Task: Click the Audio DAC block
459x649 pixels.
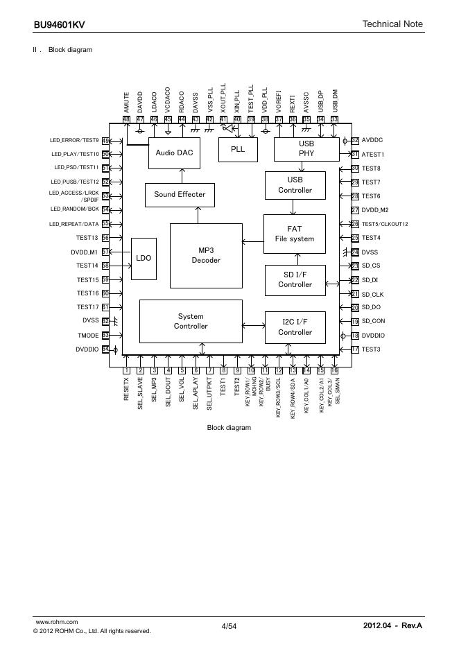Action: point(175,153)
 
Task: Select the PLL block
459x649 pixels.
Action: point(238,149)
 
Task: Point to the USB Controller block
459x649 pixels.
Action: point(295,185)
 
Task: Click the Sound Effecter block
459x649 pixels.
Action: point(180,194)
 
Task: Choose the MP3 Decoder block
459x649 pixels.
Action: point(206,255)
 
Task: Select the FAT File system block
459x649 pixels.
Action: point(294,234)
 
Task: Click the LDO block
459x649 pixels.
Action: point(144,258)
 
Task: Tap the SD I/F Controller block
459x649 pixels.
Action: point(295,279)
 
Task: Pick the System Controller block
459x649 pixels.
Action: point(191,321)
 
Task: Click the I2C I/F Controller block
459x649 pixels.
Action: point(295,327)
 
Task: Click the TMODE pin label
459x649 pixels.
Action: point(87,334)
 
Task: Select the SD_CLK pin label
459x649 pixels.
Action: point(372,294)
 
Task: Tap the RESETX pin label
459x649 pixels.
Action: point(127,390)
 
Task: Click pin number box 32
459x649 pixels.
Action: point(355,141)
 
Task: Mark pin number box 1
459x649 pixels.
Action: point(127,370)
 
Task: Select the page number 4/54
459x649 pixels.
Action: point(229,627)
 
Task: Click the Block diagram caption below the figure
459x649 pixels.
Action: point(229,428)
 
